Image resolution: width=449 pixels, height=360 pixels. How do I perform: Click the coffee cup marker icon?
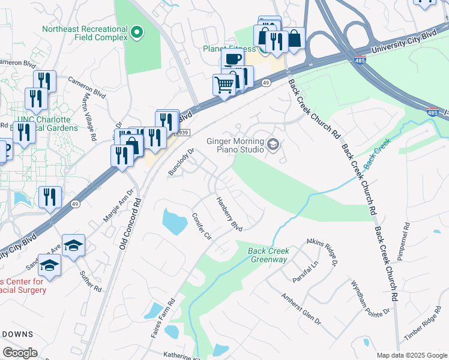(x=232, y=59)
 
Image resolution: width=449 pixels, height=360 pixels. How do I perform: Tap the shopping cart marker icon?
(x=224, y=85)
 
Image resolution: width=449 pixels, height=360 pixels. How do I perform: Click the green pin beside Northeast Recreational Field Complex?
(x=137, y=32)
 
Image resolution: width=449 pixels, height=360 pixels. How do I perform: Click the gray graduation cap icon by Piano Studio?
(x=273, y=143)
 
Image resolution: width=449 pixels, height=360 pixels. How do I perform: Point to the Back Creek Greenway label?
(x=269, y=255)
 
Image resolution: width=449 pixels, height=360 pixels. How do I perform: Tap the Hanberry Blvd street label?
(x=229, y=214)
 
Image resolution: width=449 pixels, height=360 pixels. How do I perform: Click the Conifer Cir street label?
(x=201, y=226)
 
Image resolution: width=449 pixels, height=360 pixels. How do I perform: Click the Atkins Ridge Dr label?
(x=322, y=251)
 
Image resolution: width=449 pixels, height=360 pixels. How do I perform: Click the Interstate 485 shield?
(x=432, y=112)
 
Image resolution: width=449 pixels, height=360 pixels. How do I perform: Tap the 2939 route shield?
(x=183, y=133)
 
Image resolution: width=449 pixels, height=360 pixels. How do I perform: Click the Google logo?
(x=20, y=353)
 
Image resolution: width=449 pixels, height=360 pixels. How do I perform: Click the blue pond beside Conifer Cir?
(x=175, y=221)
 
